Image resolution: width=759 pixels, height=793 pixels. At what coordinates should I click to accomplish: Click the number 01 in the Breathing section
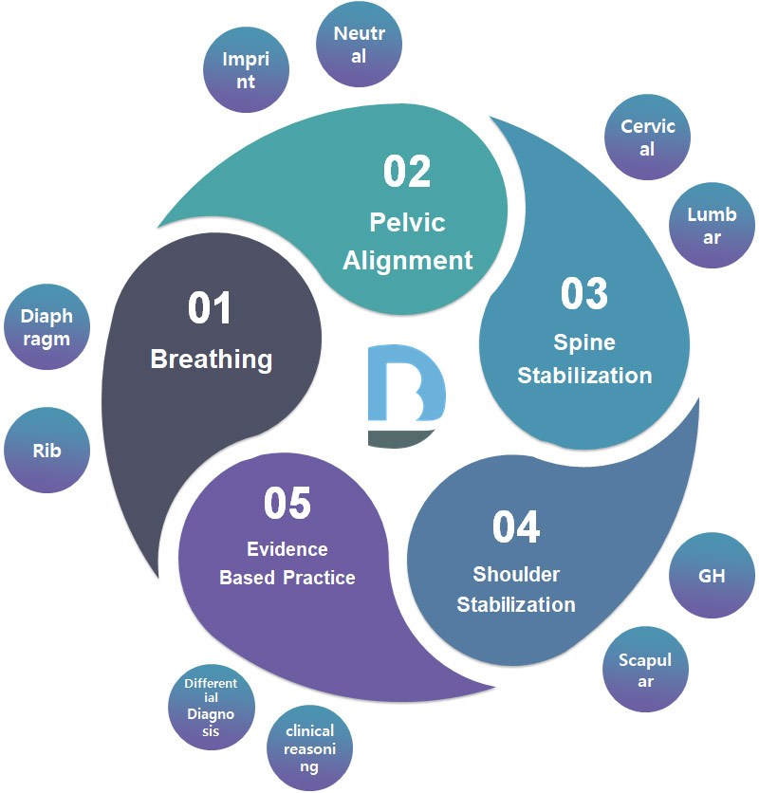point(211,311)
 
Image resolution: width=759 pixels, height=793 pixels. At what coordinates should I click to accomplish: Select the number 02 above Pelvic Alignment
point(407,171)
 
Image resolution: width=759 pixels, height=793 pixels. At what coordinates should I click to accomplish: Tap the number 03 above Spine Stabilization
point(583,293)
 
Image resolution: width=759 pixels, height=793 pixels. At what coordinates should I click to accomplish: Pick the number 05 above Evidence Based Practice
point(287,504)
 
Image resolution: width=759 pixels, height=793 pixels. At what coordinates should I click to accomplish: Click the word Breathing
point(212,360)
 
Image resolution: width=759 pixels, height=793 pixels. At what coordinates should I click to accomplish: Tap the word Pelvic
point(407,224)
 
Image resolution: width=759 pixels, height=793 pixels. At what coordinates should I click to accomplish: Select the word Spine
point(584,342)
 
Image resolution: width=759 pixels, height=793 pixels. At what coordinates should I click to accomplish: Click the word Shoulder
point(516,575)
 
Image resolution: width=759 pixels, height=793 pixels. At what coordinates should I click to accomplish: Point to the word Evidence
point(287,549)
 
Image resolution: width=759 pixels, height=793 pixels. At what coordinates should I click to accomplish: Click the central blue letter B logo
point(405,396)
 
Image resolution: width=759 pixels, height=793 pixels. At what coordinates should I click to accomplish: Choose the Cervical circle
point(648,138)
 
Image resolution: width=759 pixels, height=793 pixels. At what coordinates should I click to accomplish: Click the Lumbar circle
point(712,226)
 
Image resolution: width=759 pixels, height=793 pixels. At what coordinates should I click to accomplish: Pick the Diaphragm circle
point(46,326)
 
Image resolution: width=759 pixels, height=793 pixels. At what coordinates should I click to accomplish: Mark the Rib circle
point(46,450)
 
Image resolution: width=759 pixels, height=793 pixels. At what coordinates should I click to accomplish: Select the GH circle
point(711,575)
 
